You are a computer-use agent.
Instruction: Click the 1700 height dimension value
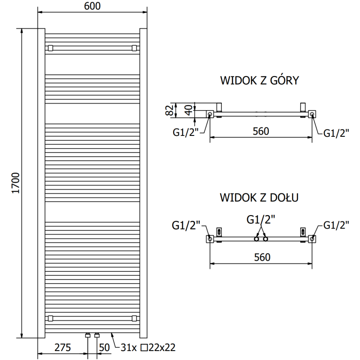(15, 183)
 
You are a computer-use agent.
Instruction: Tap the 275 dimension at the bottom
(63, 347)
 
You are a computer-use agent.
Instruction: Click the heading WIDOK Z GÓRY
(260, 81)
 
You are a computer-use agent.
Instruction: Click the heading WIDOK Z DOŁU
(260, 197)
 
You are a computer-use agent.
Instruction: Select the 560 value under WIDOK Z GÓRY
(261, 131)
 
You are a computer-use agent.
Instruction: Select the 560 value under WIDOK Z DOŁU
(261, 257)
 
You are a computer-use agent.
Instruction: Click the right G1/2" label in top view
(336, 132)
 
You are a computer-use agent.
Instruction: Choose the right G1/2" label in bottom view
(336, 225)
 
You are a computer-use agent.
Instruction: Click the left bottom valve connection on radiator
(88, 335)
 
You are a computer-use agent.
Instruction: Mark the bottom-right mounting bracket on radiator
(134, 318)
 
